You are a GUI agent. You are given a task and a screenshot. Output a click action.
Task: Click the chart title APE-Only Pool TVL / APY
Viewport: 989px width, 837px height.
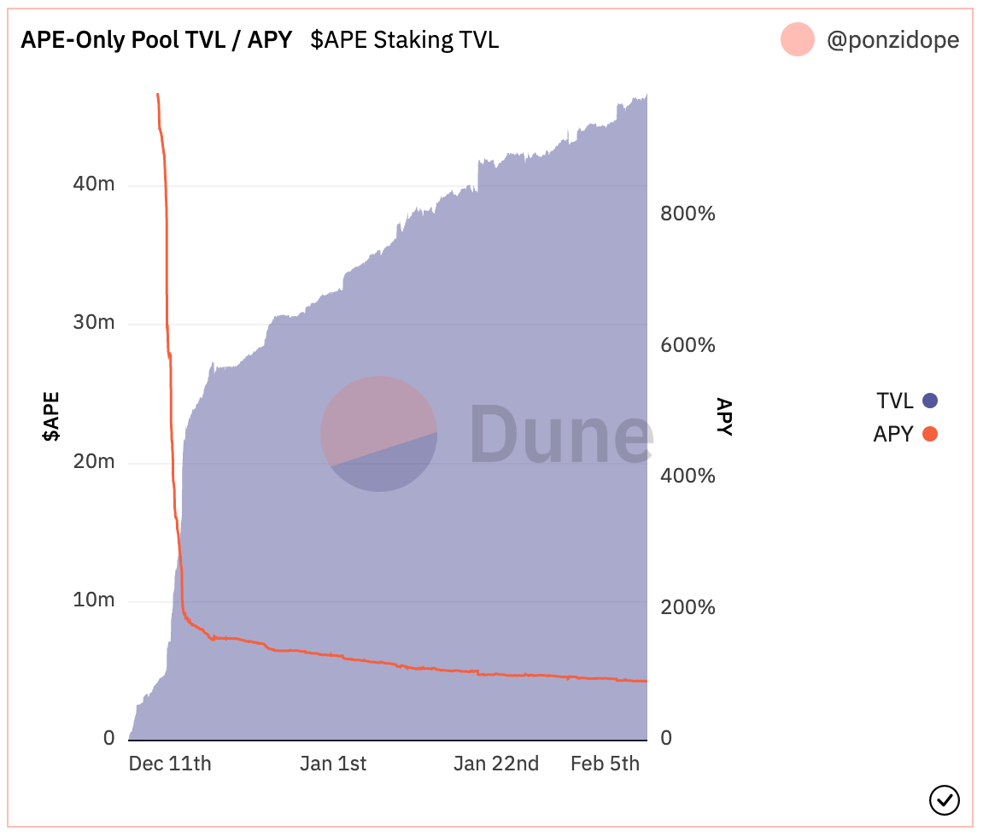click(x=156, y=40)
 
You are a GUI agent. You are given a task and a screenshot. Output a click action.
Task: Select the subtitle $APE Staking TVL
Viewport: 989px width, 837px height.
click(x=404, y=40)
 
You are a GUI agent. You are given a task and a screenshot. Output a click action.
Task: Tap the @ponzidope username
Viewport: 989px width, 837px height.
click(x=892, y=40)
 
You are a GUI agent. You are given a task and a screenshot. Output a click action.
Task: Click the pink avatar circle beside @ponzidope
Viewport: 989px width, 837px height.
click(x=797, y=40)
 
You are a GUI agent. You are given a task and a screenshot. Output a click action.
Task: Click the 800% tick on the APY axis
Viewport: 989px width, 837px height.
click(x=688, y=214)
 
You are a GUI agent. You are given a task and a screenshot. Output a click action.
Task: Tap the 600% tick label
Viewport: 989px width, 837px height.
click(x=688, y=345)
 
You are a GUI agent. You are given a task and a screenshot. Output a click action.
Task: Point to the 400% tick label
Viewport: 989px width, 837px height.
click(x=688, y=476)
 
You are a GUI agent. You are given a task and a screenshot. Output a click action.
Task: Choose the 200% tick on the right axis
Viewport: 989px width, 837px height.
click(x=688, y=607)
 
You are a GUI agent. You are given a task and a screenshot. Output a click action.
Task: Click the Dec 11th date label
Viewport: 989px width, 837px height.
click(x=170, y=764)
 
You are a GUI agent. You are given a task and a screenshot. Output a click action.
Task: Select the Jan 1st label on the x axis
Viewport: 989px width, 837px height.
click(x=333, y=764)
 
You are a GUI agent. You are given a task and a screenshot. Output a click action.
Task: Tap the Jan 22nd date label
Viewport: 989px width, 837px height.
click(x=496, y=764)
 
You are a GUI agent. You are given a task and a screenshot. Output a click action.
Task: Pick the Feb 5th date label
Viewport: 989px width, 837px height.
click(x=605, y=764)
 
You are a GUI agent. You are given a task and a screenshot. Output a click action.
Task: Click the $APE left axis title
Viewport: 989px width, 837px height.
click(x=52, y=416)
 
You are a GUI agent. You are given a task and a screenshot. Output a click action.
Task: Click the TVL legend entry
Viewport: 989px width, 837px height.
click(x=895, y=400)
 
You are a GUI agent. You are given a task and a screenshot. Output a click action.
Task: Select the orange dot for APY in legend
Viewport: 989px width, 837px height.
click(x=930, y=434)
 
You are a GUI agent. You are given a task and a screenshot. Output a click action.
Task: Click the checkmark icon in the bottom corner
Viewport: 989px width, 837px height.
click(x=944, y=800)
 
